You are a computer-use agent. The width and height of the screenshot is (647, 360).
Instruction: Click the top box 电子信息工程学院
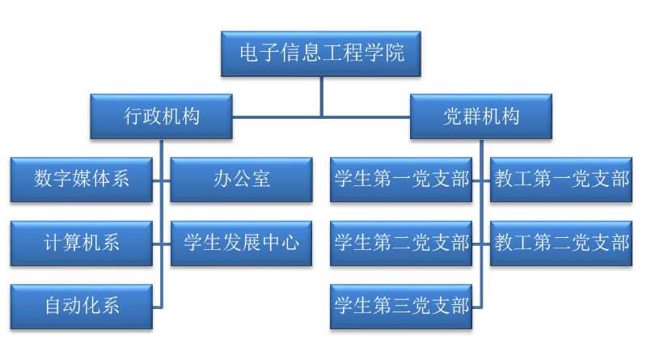(320, 53)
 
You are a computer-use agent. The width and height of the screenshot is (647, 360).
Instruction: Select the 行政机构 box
(161, 116)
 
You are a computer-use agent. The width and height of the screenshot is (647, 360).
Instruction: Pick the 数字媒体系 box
(81, 179)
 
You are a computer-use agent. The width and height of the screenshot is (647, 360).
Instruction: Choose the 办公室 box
(241, 179)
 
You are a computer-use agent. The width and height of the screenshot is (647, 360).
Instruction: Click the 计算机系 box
(81, 243)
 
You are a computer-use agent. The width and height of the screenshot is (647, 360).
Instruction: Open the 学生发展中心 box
(241, 243)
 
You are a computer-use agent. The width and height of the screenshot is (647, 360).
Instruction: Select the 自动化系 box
(81, 306)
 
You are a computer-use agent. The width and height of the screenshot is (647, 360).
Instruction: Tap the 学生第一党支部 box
(401, 179)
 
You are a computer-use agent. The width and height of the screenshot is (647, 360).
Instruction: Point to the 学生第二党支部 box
(401, 243)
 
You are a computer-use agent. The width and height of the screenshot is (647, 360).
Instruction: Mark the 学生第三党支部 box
(401, 306)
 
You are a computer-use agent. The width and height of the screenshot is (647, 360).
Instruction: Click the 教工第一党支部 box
(561, 179)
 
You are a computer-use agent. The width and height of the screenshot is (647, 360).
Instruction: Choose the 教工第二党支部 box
(561, 243)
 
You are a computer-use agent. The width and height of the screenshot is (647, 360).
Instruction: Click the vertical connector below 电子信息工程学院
(321, 95)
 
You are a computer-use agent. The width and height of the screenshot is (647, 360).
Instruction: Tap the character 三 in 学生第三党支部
(401, 306)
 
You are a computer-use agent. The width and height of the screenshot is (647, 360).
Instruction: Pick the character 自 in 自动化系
(53, 306)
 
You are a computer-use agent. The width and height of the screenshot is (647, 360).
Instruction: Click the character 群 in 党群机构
(471, 116)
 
